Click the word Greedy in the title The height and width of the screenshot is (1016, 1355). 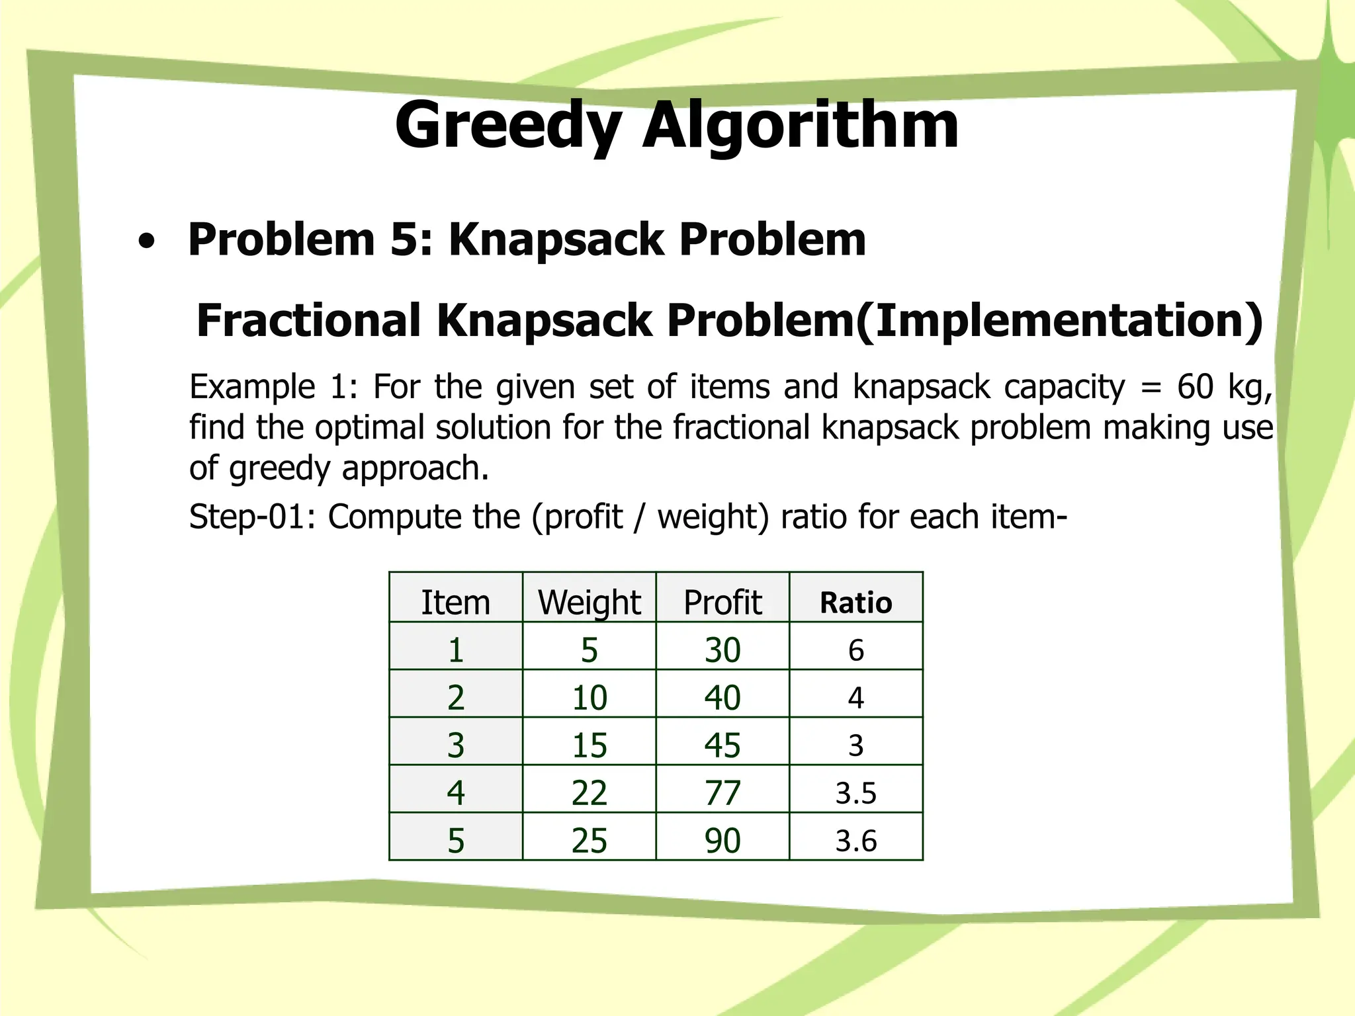[508, 126]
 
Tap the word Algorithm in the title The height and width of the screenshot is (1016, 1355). [801, 126]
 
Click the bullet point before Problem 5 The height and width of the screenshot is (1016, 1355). [147, 242]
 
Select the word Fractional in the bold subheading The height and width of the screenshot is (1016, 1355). [308, 320]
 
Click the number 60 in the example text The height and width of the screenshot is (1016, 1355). [1195, 386]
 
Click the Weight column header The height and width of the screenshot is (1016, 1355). [589, 602]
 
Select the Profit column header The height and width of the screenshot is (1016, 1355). [722, 602]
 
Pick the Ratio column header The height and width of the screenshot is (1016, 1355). [856, 603]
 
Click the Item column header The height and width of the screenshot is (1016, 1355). [456, 602]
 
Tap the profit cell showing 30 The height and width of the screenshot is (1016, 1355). [722, 650]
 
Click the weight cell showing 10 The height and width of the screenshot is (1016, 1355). [589, 697]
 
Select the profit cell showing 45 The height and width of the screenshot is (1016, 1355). [722, 745]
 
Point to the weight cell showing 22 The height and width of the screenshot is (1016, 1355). [589, 792]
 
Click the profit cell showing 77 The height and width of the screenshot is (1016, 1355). [722, 792]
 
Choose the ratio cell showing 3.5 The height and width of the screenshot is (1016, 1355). [856, 792]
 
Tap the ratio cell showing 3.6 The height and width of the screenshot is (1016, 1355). [856, 841]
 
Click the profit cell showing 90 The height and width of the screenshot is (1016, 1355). [722, 841]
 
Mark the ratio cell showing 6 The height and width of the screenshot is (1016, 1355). [856, 650]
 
